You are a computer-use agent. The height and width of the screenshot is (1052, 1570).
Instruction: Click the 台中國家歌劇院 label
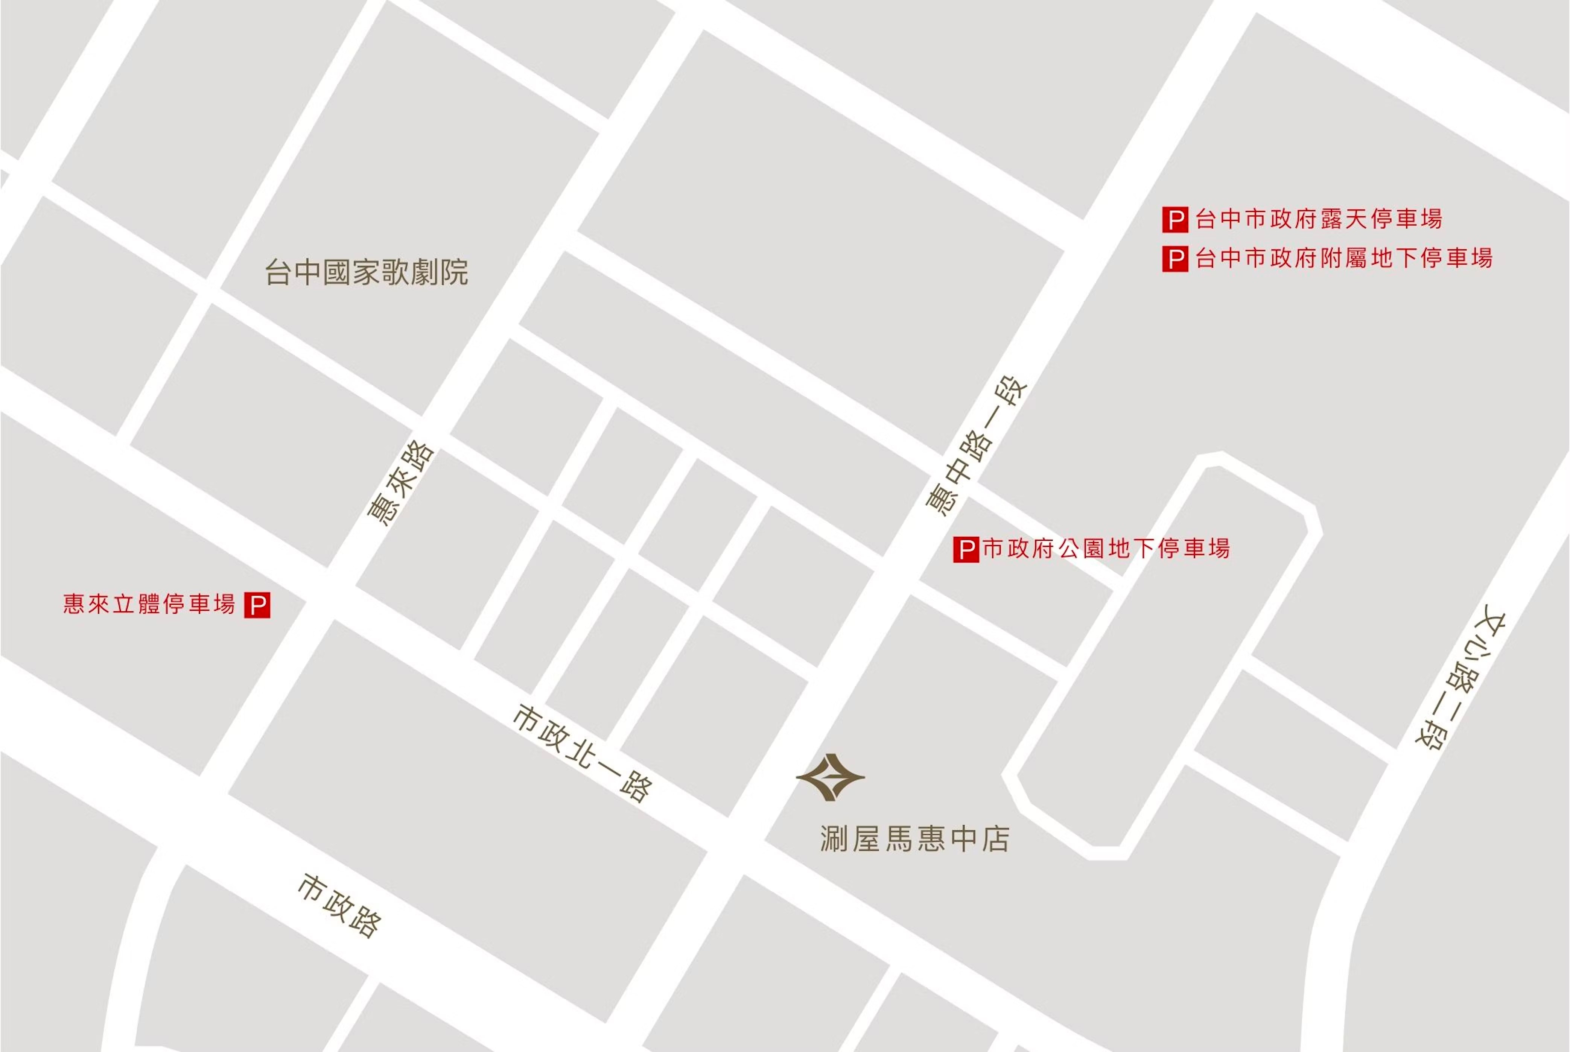click(366, 272)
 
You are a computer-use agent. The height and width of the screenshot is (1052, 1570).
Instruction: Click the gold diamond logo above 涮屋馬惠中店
click(831, 777)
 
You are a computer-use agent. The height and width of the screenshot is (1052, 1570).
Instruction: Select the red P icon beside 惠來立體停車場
click(257, 605)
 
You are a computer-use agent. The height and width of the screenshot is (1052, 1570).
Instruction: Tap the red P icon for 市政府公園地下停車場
click(966, 549)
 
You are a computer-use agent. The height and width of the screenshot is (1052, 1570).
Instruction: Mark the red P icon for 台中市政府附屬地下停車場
click(1175, 259)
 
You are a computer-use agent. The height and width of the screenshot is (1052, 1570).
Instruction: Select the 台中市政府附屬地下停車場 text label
click(1344, 258)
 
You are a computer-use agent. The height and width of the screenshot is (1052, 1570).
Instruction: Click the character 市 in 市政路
click(310, 887)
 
